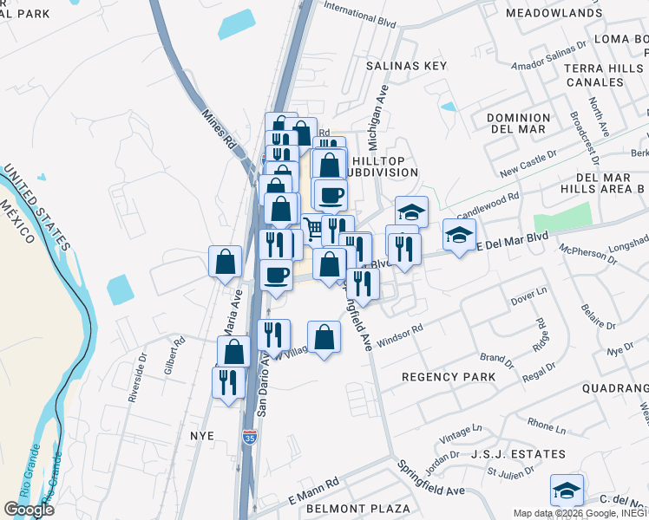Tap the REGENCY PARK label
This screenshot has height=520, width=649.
click(x=449, y=377)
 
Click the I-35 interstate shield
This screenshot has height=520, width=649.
click(x=250, y=437)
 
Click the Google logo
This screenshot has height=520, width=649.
click(x=29, y=510)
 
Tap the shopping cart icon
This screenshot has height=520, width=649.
click(x=312, y=228)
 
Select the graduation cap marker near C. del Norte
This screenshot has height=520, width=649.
click(x=567, y=491)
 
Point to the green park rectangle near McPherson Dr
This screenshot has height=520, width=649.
click(x=561, y=217)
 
